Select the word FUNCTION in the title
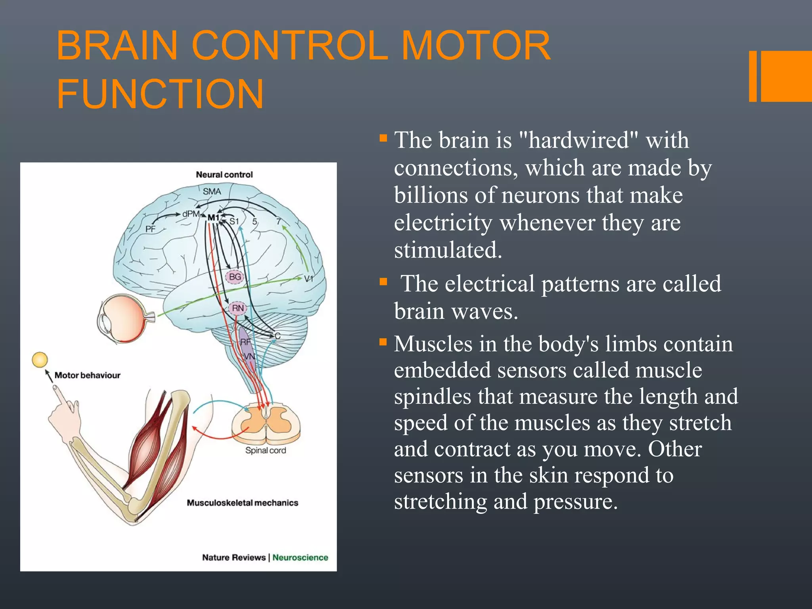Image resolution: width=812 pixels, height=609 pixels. [x=160, y=94]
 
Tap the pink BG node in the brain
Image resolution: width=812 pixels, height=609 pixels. [x=235, y=276]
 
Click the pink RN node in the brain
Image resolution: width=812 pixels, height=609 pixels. [x=238, y=308]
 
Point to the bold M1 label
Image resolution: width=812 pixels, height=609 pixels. [x=213, y=218]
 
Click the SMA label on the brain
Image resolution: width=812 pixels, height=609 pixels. [x=212, y=191]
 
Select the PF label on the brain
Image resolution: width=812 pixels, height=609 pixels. [x=150, y=229]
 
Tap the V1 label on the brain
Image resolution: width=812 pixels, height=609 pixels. [x=308, y=279]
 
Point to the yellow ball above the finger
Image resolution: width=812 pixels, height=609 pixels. [x=40, y=360]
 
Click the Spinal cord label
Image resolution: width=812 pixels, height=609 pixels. [x=265, y=450]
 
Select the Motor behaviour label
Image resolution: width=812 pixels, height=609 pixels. [x=87, y=375]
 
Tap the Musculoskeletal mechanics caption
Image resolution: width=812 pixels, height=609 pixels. [x=242, y=503]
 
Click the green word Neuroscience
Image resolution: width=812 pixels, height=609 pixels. [x=300, y=557]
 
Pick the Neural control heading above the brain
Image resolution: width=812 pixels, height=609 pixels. [x=224, y=174]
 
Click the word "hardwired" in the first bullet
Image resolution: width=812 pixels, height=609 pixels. [x=578, y=140]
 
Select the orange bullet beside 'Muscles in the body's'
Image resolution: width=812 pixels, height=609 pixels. [x=383, y=342]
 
